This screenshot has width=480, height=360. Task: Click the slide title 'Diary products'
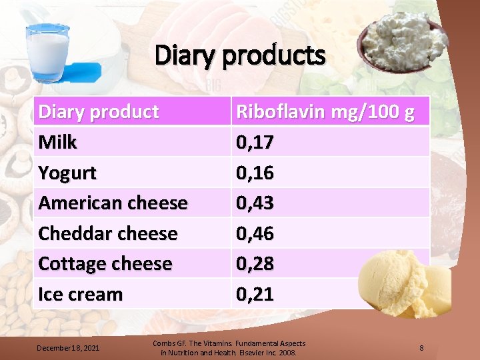(x=240, y=56)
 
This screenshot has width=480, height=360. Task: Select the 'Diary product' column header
(x=99, y=111)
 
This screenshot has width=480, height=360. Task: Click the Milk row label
(x=58, y=142)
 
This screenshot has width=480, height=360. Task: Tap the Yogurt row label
(x=67, y=173)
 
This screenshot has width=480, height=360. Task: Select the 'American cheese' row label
(x=113, y=203)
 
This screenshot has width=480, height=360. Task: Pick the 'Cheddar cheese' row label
(x=108, y=233)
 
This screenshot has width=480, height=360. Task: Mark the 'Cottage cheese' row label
(x=105, y=263)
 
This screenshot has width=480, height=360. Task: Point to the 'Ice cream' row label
(x=81, y=294)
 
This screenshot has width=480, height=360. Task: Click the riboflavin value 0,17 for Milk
(x=255, y=142)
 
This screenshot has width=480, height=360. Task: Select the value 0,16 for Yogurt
(x=255, y=173)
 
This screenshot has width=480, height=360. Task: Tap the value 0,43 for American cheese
(x=255, y=203)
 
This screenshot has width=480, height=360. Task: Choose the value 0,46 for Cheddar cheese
(x=255, y=233)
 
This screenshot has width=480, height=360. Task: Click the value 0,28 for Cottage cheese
(x=255, y=263)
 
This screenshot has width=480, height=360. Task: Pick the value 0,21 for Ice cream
(x=255, y=294)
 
